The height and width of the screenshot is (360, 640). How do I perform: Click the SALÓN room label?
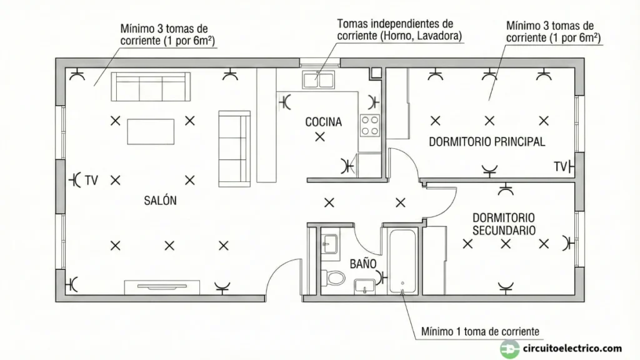[x=160, y=201]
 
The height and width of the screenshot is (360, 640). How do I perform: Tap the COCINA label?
[x=323, y=122]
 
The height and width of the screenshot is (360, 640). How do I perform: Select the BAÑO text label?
[x=362, y=264]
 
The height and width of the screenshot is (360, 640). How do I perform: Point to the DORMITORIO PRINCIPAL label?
[x=487, y=142]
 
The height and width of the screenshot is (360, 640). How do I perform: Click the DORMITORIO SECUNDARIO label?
[x=504, y=224]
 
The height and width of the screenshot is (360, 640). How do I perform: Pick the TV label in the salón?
[x=92, y=181]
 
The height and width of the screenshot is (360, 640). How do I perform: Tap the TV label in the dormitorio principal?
[x=560, y=166]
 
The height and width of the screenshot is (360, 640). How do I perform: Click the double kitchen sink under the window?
[x=319, y=79]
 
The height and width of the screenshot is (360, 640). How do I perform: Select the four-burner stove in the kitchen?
[x=370, y=125]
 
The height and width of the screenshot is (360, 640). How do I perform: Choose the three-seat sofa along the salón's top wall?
[x=150, y=87]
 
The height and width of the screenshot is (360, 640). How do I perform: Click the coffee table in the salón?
[x=151, y=131]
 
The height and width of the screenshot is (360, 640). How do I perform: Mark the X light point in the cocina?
[x=320, y=137]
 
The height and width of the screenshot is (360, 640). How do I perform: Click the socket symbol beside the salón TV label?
[x=76, y=180]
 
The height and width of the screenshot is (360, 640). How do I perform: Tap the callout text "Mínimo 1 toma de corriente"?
[x=479, y=331]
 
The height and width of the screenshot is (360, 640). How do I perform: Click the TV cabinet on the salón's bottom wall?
[x=162, y=287]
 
